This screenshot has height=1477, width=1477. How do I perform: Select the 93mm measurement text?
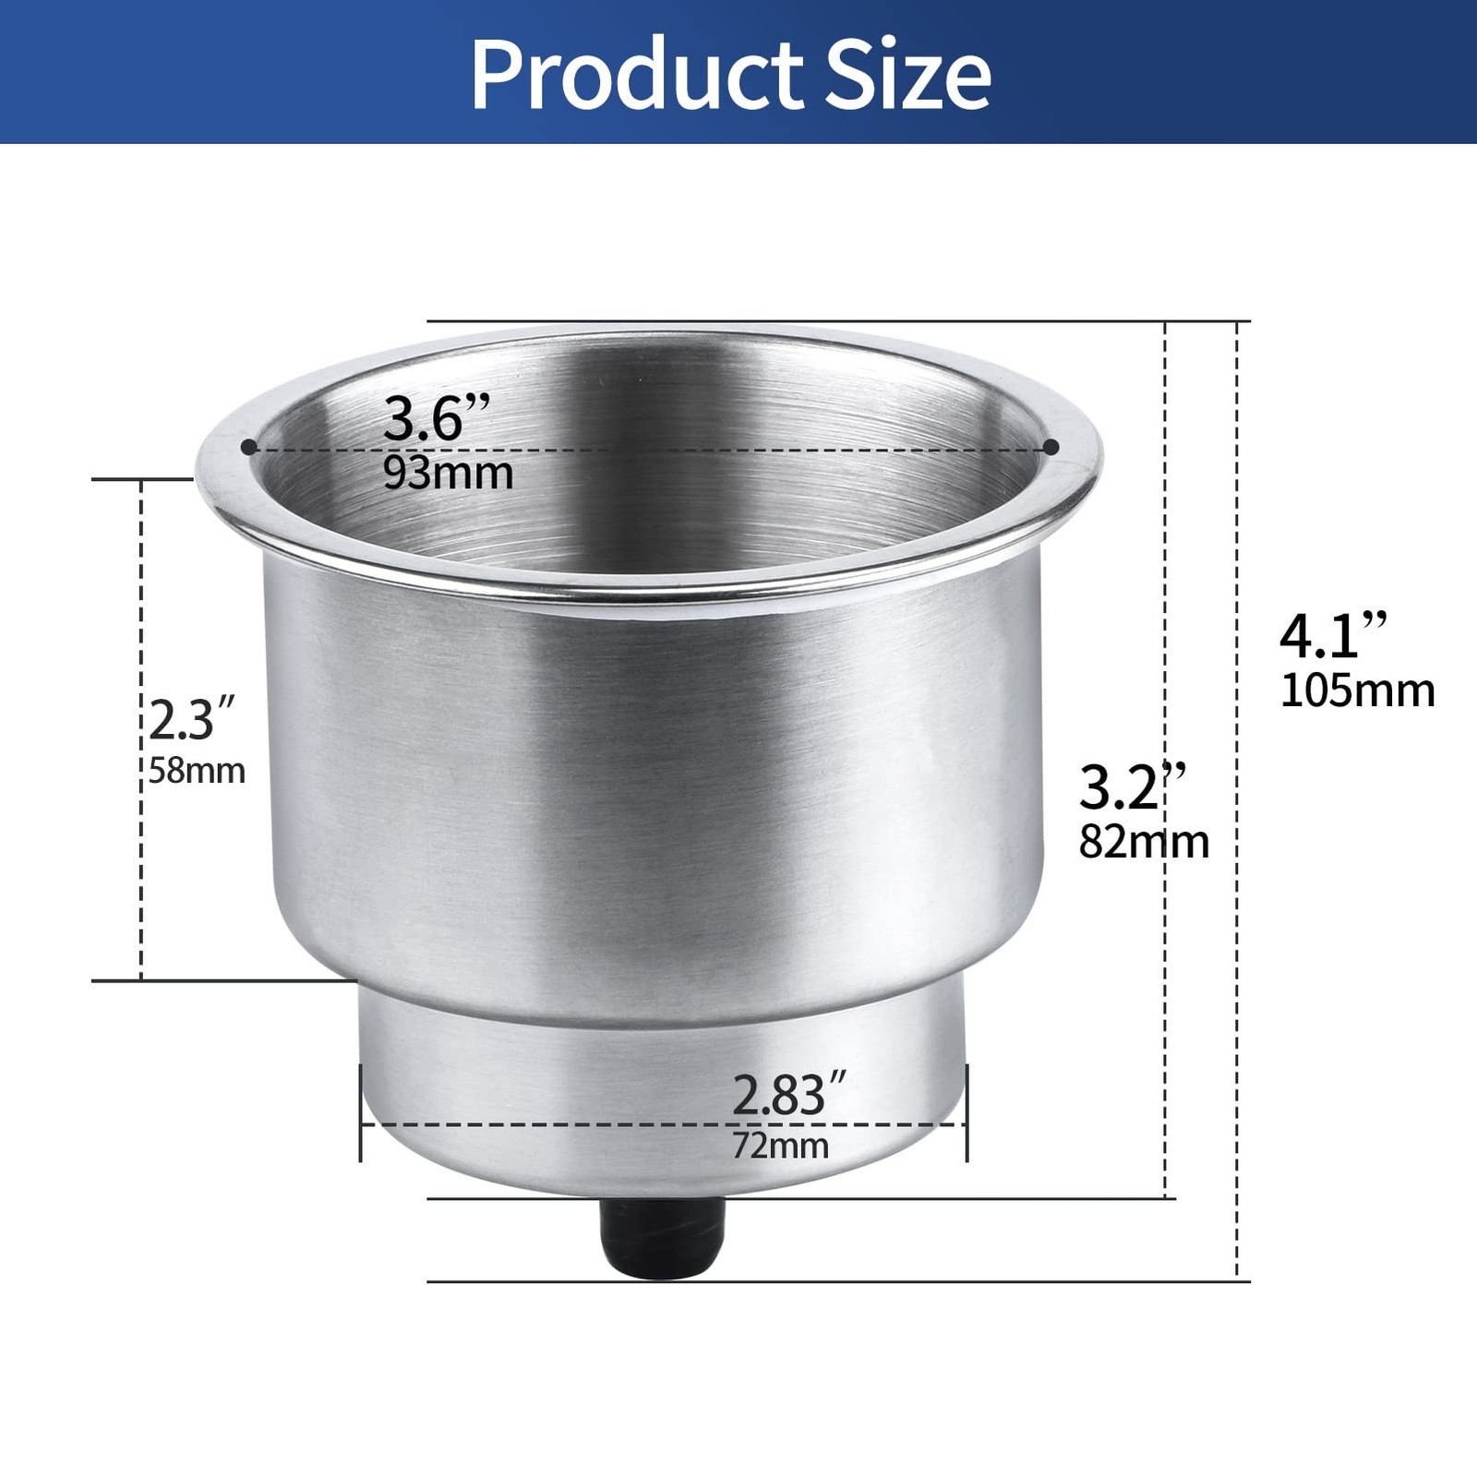[449, 473]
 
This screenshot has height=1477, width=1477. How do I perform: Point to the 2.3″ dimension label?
[192, 720]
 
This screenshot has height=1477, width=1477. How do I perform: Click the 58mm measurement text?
[197, 771]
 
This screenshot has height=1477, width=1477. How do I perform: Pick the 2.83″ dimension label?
[789, 1096]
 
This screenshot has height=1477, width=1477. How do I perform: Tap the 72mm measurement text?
[780, 1147]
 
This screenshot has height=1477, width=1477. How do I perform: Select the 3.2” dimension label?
[1132, 787]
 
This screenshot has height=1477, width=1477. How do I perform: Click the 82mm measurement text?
[1144, 842]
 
